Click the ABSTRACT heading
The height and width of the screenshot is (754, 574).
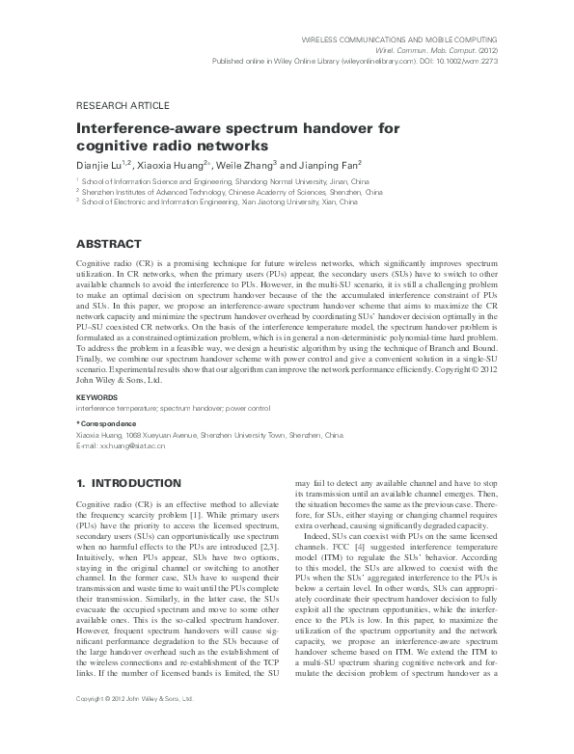(109, 244)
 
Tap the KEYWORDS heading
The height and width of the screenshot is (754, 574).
(96, 396)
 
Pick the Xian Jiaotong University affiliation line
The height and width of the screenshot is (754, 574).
(220, 203)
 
